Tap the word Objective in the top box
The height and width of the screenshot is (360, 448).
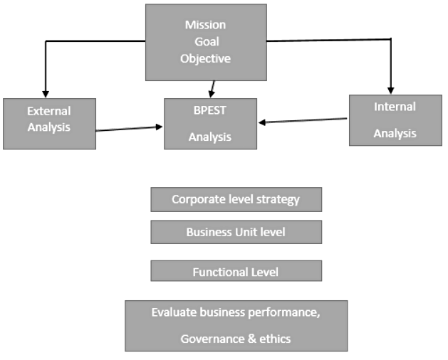pyautogui.click(x=206, y=58)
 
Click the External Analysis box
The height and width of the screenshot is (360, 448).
pyautogui.click(x=49, y=123)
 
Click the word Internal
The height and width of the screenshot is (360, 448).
pyautogui.click(x=395, y=107)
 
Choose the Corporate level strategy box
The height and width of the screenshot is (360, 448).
pyautogui.click(x=236, y=199)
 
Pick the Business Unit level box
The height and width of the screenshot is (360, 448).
pyautogui.click(x=236, y=232)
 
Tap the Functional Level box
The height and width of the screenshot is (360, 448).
pyautogui.click(x=236, y=271)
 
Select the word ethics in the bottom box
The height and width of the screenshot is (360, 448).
pyautogui.click(x=275, y=339)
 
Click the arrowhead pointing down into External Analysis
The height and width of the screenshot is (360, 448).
pyautogui.click(x=45, y=93)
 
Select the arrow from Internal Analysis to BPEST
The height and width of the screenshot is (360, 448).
pyautogui.click(x=303, y=121)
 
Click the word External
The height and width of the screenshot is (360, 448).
pyautogui.click(x=49, y=111)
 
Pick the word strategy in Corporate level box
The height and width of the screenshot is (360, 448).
pyautogui.click(x=276, y=199)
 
